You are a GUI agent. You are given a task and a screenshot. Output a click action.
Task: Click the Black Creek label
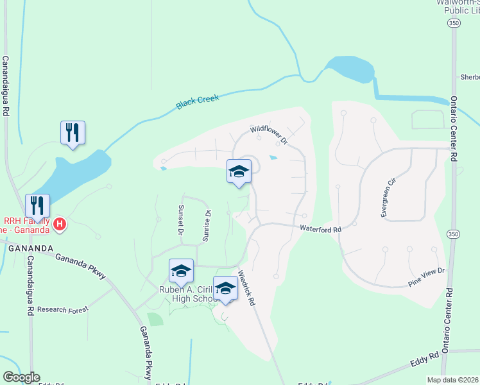point(198,102)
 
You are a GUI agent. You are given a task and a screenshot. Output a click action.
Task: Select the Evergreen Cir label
point(389,198)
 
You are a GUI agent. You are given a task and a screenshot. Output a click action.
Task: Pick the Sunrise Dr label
point(207,225)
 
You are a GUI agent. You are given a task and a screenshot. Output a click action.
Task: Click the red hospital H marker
point(59,224)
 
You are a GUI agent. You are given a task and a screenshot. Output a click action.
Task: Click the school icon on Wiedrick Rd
point(225,289)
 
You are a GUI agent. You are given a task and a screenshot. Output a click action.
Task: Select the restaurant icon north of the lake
point(73,133)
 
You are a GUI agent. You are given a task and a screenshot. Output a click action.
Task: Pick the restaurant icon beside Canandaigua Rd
point(37,206)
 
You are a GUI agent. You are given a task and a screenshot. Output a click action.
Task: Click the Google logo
point(21,377)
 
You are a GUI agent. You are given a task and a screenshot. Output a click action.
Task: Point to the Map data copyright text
point(453,380)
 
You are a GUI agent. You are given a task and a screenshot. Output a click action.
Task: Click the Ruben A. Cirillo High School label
point(189,294)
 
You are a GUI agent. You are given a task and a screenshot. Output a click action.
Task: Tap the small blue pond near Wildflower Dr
point(274,157)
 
